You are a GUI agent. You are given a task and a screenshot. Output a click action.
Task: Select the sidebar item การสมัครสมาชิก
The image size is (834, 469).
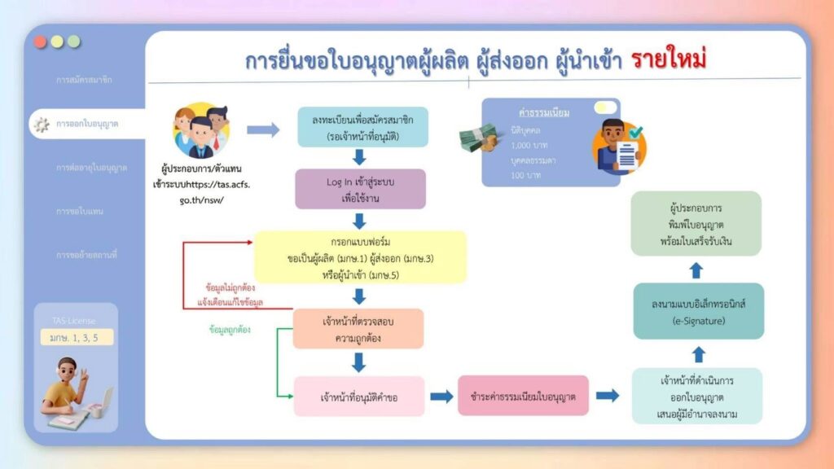coord(84,81)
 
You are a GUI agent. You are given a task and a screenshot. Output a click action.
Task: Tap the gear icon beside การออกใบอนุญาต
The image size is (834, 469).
coord(40,124)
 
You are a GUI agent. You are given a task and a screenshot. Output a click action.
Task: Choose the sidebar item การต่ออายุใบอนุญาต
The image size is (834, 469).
coord(91,168)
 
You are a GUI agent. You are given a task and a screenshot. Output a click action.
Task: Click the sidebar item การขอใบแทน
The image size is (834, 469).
coord(79,212)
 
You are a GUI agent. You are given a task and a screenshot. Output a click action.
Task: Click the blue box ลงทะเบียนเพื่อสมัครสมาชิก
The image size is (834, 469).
coord(362,127)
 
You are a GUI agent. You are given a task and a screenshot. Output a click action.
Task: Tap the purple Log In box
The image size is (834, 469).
coord(359,189)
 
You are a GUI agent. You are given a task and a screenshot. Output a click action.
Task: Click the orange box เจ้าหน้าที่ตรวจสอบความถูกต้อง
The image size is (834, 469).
coord(358,329)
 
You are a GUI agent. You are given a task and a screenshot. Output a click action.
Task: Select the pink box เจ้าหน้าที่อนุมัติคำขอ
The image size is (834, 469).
coord(359,397)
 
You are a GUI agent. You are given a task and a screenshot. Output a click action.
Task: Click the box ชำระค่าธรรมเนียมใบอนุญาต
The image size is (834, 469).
coord(523,397)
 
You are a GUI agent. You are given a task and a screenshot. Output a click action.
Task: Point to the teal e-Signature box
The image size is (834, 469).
coord(698,311)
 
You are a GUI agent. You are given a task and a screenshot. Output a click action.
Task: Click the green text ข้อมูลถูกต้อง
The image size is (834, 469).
coord(231,331)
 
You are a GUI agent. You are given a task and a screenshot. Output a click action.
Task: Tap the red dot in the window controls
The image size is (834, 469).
coord(41,42)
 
